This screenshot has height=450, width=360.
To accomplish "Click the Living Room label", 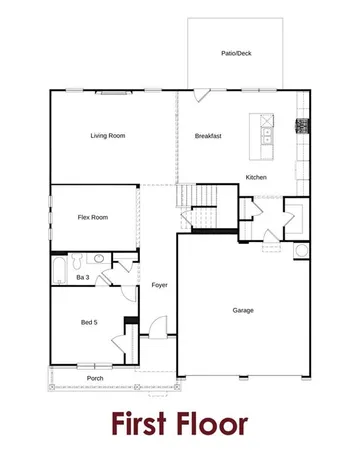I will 107,136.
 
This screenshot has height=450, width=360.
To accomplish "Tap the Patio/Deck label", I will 236,53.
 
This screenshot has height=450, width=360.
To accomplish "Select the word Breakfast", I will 208,136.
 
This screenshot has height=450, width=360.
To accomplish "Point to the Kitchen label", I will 257,178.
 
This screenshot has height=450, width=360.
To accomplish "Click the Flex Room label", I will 92,217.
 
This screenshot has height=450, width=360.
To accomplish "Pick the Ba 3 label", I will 82,277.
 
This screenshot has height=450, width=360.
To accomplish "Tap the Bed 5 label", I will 89,322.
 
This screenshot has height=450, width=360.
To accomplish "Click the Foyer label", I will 159,285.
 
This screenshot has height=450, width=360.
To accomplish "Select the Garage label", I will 243,310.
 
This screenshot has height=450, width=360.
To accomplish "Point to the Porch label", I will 95,379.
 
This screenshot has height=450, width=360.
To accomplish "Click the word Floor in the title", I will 218,422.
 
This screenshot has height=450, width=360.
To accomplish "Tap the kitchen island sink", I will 268,131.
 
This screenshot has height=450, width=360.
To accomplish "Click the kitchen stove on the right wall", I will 299,126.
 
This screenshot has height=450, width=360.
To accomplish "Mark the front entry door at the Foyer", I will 156,327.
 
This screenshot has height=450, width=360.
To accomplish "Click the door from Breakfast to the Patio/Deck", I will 202,96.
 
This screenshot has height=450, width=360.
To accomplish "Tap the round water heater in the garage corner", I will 301,250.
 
